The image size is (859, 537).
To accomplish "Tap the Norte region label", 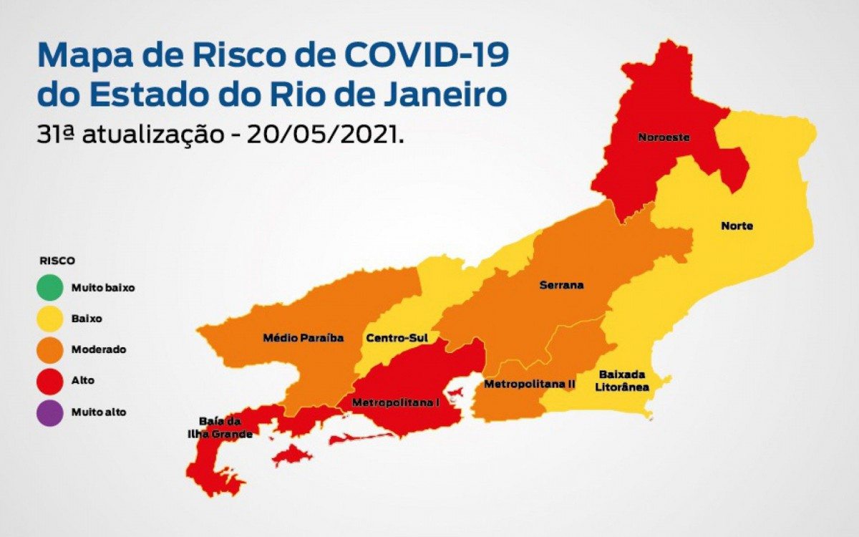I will (x=737, y=226).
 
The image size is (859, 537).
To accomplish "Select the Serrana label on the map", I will (x=561, y=285).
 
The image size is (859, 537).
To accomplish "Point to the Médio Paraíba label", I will (x=304, y=337).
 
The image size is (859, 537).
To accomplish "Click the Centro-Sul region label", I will (x=392, y=337).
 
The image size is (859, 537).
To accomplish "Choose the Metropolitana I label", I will (x=395, y=402).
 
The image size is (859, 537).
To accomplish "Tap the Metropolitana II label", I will (x=530, y=384).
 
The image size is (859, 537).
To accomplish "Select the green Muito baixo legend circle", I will (x=49, y=288).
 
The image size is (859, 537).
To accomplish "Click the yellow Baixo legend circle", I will (x=49, y=319).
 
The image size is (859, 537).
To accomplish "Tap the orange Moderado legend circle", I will (x=49, y=349).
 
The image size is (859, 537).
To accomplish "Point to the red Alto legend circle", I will (x=49, y=380).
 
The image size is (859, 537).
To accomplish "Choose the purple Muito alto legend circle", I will (x=49, y=412).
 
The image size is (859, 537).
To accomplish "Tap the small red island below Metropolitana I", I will (x=291, y=455).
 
